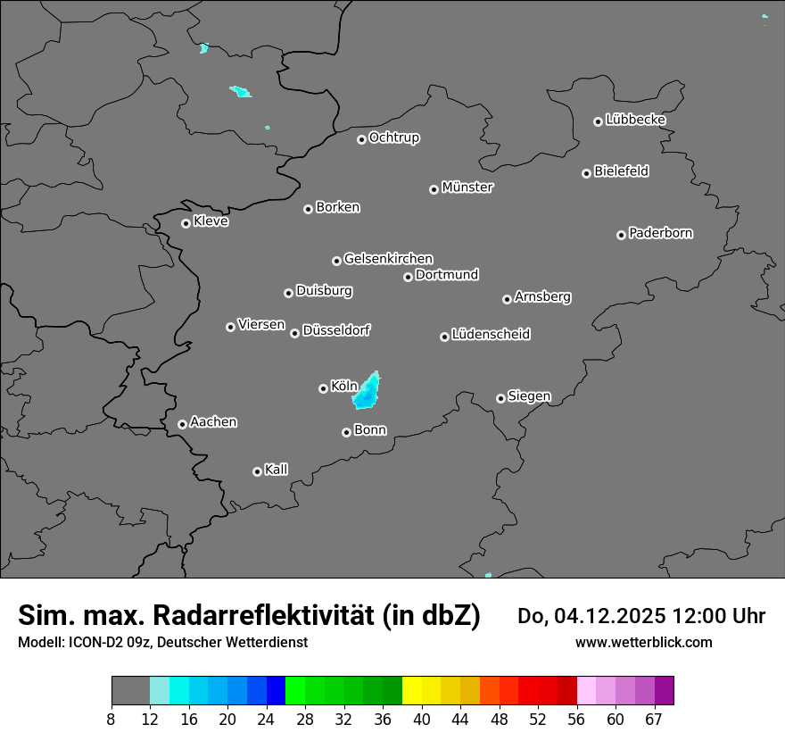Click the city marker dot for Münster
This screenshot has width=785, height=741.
434,189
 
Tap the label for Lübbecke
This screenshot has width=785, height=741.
635,120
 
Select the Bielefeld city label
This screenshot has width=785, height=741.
621,171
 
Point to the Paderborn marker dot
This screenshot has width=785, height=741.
621,235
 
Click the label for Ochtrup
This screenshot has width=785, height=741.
393,137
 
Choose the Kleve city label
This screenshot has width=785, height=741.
211,221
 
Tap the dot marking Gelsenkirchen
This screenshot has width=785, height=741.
336,261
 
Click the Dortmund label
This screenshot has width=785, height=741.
447,275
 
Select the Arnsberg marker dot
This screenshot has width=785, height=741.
507,299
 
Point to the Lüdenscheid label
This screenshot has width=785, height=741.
491,335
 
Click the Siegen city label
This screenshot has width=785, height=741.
529,396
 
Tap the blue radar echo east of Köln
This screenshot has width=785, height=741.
367,390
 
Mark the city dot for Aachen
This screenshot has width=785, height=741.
182,424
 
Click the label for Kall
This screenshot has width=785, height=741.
276,470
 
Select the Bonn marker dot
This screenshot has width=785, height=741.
346,432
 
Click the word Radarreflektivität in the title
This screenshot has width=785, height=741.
317,615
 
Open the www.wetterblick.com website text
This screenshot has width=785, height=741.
643,642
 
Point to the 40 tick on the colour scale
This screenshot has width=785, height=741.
422,718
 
